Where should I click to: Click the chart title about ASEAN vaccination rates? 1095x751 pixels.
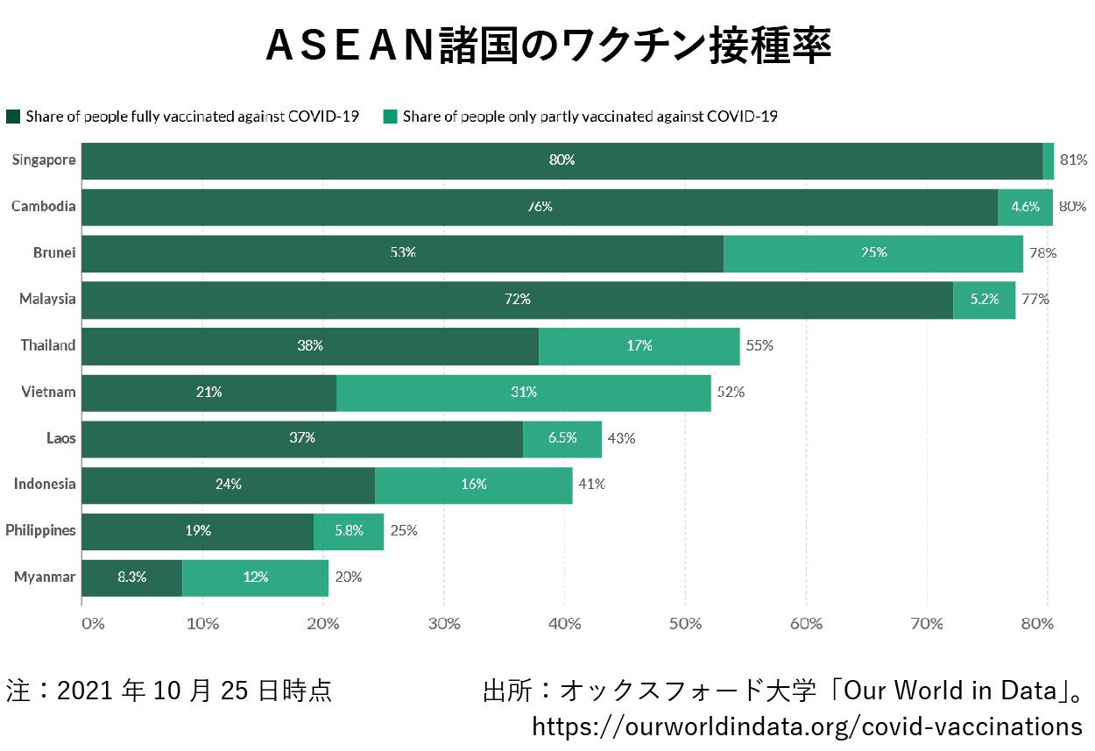click(x=547, y=46)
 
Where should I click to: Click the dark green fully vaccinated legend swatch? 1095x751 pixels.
click(x=13, y=117)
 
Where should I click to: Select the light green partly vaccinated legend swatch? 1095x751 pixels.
click(x=391, y=117)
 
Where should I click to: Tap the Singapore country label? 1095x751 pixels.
click(x=44, y=160)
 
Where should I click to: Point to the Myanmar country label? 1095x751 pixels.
click(x=45, y=577)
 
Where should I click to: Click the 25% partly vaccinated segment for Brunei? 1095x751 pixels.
click(x=873, y=252)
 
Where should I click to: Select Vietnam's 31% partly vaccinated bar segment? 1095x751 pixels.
click(x=524, y=392)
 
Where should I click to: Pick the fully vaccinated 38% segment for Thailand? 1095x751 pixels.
click(x=310, y=345)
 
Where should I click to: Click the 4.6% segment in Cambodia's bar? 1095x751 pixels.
click(x=1025, y=207)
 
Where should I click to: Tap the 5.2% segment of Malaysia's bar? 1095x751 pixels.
click(x=985, y=299)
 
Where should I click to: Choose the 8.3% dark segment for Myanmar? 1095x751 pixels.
click(x=131, y=577)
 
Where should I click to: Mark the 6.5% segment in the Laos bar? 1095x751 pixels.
click(x=562, y=438)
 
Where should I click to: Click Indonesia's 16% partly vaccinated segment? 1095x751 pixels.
click(x=474, y=485)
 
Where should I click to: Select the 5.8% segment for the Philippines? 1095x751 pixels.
click(x=349, y=531)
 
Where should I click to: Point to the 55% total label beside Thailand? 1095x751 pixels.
click(x=759, y=345)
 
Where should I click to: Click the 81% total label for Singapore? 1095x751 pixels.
click(x=1073, y=160)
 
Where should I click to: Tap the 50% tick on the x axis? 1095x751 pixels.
click(x=685, y=624)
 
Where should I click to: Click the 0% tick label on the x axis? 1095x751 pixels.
click(x=93, y=624)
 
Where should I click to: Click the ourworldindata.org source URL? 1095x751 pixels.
click(x=807, y=726)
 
